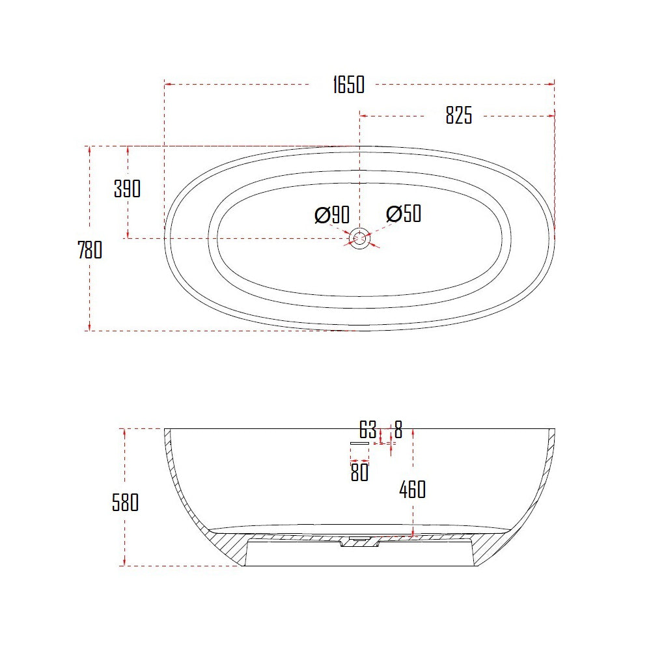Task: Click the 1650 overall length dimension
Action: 348,85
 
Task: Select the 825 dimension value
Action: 458,116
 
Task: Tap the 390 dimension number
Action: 127,189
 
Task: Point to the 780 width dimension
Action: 90,250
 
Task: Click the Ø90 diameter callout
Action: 332,214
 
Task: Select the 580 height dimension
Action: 125,503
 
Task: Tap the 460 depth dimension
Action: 412,489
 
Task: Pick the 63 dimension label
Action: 368,430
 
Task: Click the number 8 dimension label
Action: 398,430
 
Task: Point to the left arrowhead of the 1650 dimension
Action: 167,85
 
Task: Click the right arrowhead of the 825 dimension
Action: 551,116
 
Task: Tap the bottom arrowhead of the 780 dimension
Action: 89,327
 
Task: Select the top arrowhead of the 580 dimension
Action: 124,432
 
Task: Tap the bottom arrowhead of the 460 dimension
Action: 413,534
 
